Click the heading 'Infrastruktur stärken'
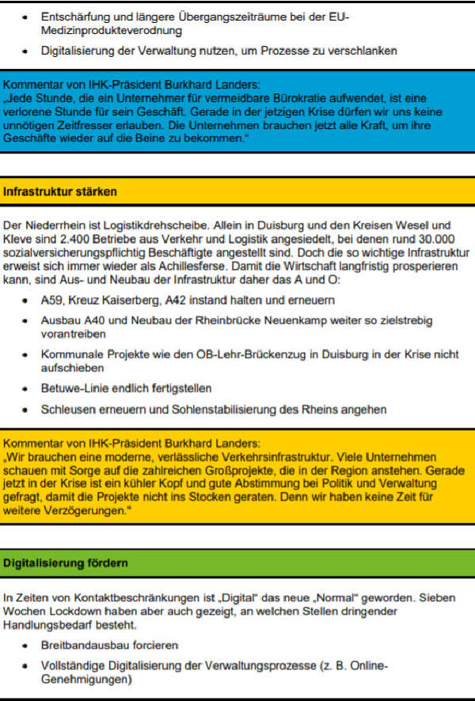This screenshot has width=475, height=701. (60, 191)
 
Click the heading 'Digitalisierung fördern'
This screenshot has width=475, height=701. (66, 563)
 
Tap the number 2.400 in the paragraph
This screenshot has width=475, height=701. (78, 239)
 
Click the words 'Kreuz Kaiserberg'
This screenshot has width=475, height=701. (112, 301)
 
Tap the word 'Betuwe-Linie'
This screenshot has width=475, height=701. (74, 389)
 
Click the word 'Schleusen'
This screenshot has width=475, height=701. (68, 410)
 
